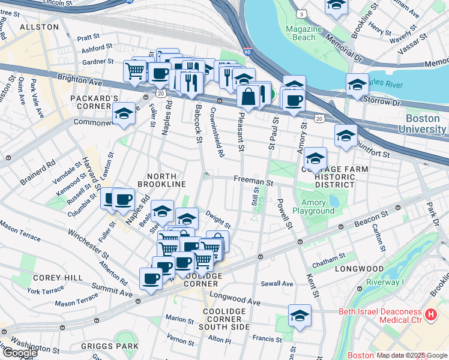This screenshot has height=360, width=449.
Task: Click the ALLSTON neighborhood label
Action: (39, 27)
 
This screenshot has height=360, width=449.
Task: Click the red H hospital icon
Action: (430, 314)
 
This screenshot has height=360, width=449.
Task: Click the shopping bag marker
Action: (248, 95)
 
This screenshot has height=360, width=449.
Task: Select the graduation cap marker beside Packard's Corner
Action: (124, 113)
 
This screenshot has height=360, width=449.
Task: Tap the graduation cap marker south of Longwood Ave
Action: (300, 316)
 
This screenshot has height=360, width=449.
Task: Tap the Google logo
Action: (20, 353)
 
